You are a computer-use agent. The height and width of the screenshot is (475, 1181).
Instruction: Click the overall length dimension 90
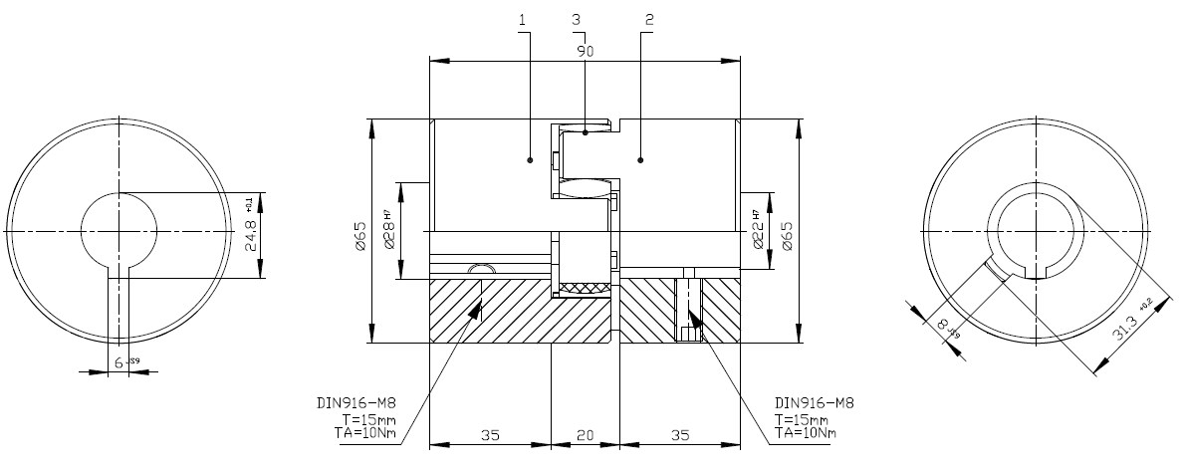tap(585, 51)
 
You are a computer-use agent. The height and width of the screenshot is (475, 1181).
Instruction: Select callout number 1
tap(523, 19)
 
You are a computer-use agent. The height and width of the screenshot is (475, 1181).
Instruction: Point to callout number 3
tap(577, 19)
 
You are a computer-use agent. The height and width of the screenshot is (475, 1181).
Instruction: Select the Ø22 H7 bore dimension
tap(759, 231)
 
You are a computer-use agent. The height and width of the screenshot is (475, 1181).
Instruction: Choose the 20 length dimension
tap(585, 435)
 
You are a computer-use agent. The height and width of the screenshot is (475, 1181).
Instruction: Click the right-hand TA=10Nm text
tap(805, 433)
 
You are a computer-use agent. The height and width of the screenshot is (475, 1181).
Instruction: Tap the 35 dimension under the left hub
tap(489, 435)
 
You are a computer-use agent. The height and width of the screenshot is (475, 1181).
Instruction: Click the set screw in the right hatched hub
tap(689, 310)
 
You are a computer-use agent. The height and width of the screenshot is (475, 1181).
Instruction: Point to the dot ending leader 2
tap(640, 159)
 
